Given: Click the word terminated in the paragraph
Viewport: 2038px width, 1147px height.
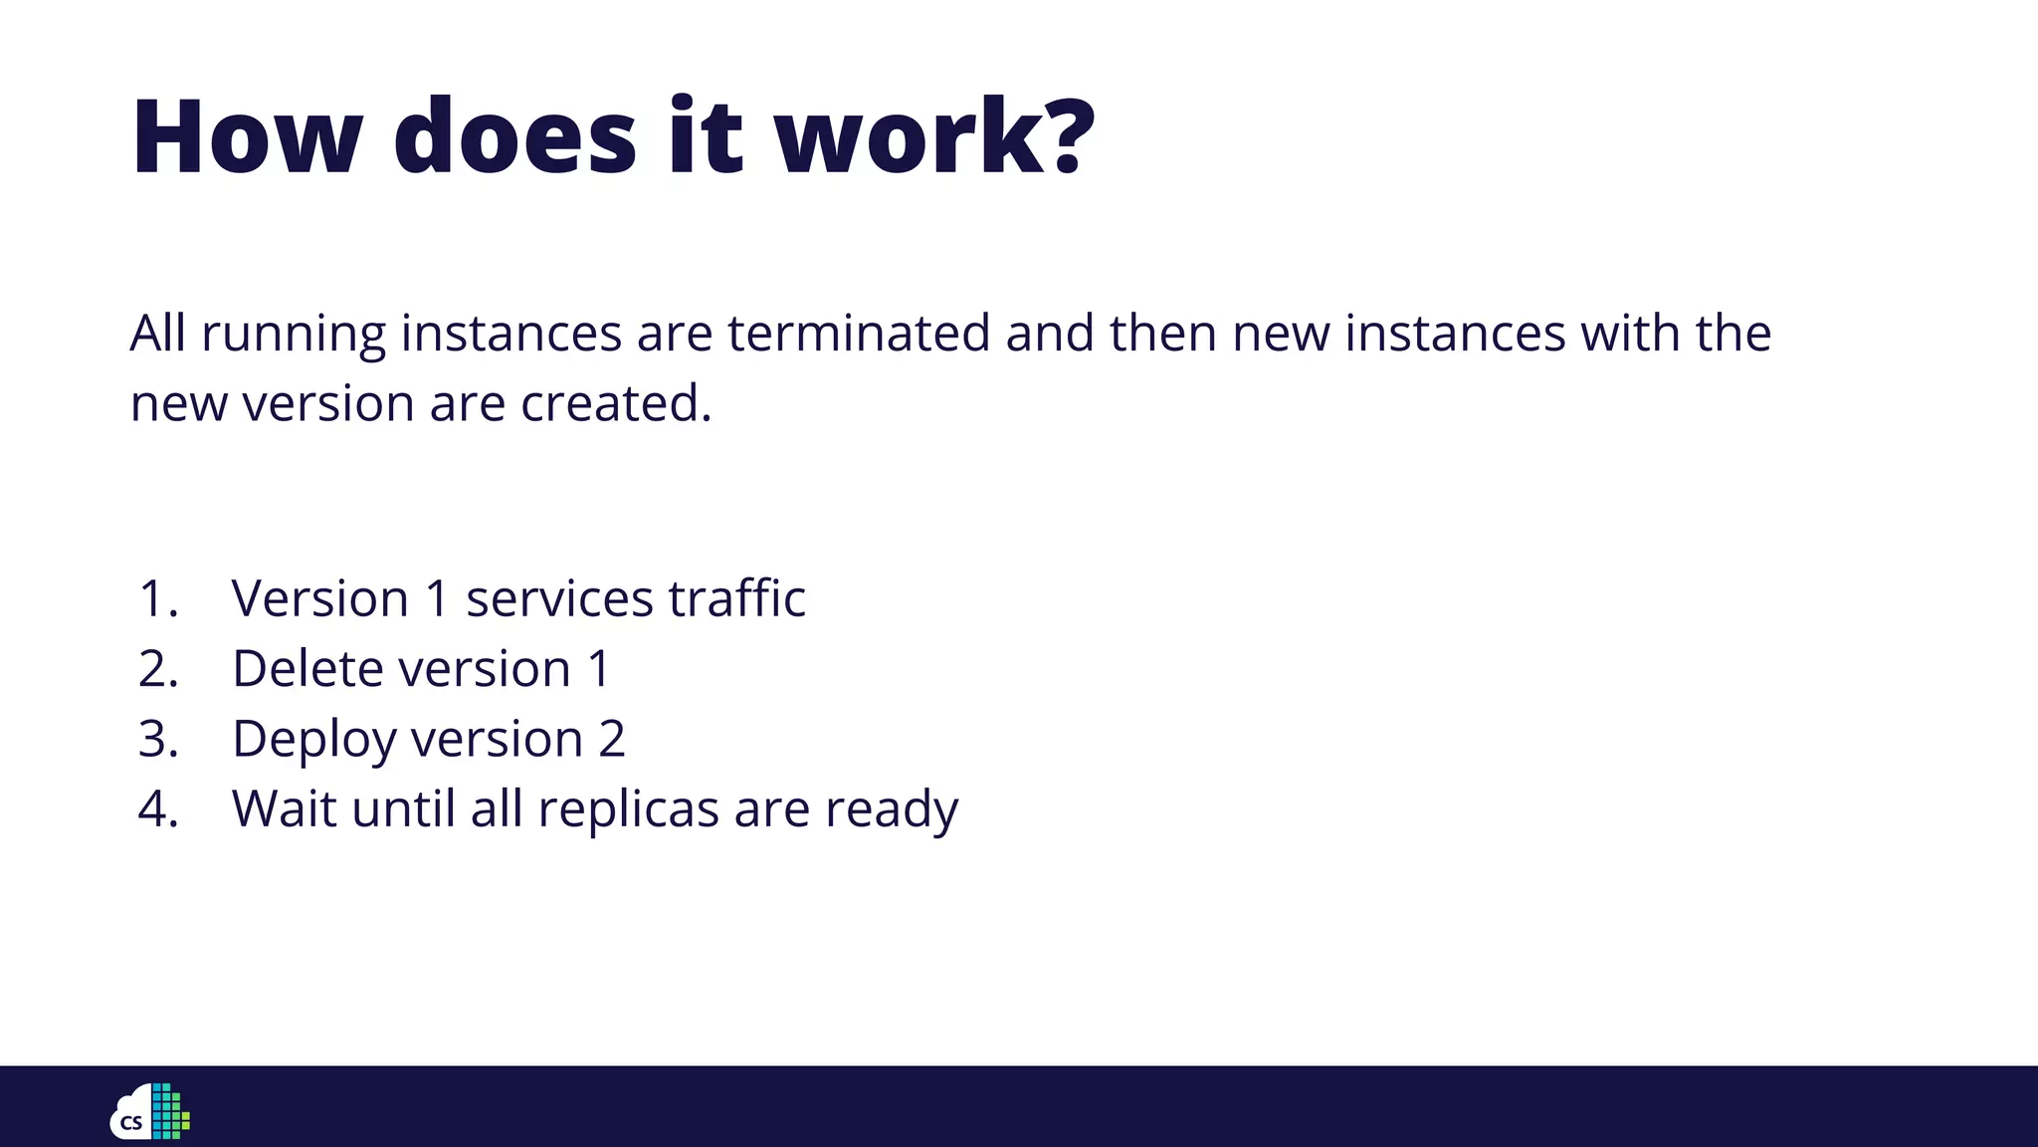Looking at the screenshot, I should point(858,333).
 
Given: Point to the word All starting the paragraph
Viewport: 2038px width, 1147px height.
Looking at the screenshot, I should point(158,333).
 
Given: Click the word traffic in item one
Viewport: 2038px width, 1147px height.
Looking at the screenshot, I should point(736,598).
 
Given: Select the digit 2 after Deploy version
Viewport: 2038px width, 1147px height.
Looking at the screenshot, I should point(612,739).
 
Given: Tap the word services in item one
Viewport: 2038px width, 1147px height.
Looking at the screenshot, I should point(559,598).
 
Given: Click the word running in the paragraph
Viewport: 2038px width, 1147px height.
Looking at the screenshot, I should point(294,335).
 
